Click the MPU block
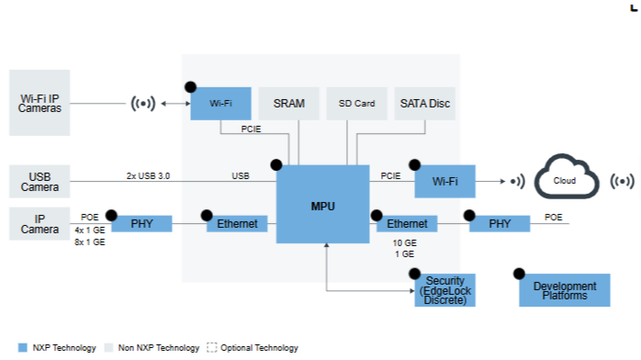pos(322,204)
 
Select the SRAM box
pos(288,104)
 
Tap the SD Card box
pos(356,104)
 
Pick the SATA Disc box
pos(425,104)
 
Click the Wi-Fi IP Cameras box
pos(39,103)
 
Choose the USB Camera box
pos(39,182)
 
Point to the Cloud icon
pos(567,176)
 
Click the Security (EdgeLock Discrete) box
pos(444,290)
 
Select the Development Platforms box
pos(565,290)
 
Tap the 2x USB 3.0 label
pos(148,176)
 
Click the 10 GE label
pos(404,242)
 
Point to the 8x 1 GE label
pos(89,242)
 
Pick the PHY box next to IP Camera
pos(141,223)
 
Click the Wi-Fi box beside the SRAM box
pos(220,104)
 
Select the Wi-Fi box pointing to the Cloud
pos(444,182)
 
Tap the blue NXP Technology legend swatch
pos(23,348)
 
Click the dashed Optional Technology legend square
pos(212,348)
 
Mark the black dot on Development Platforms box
pos(519,274)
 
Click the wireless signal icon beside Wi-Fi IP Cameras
pos(143,104)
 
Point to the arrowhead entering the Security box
pos(412,290)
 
